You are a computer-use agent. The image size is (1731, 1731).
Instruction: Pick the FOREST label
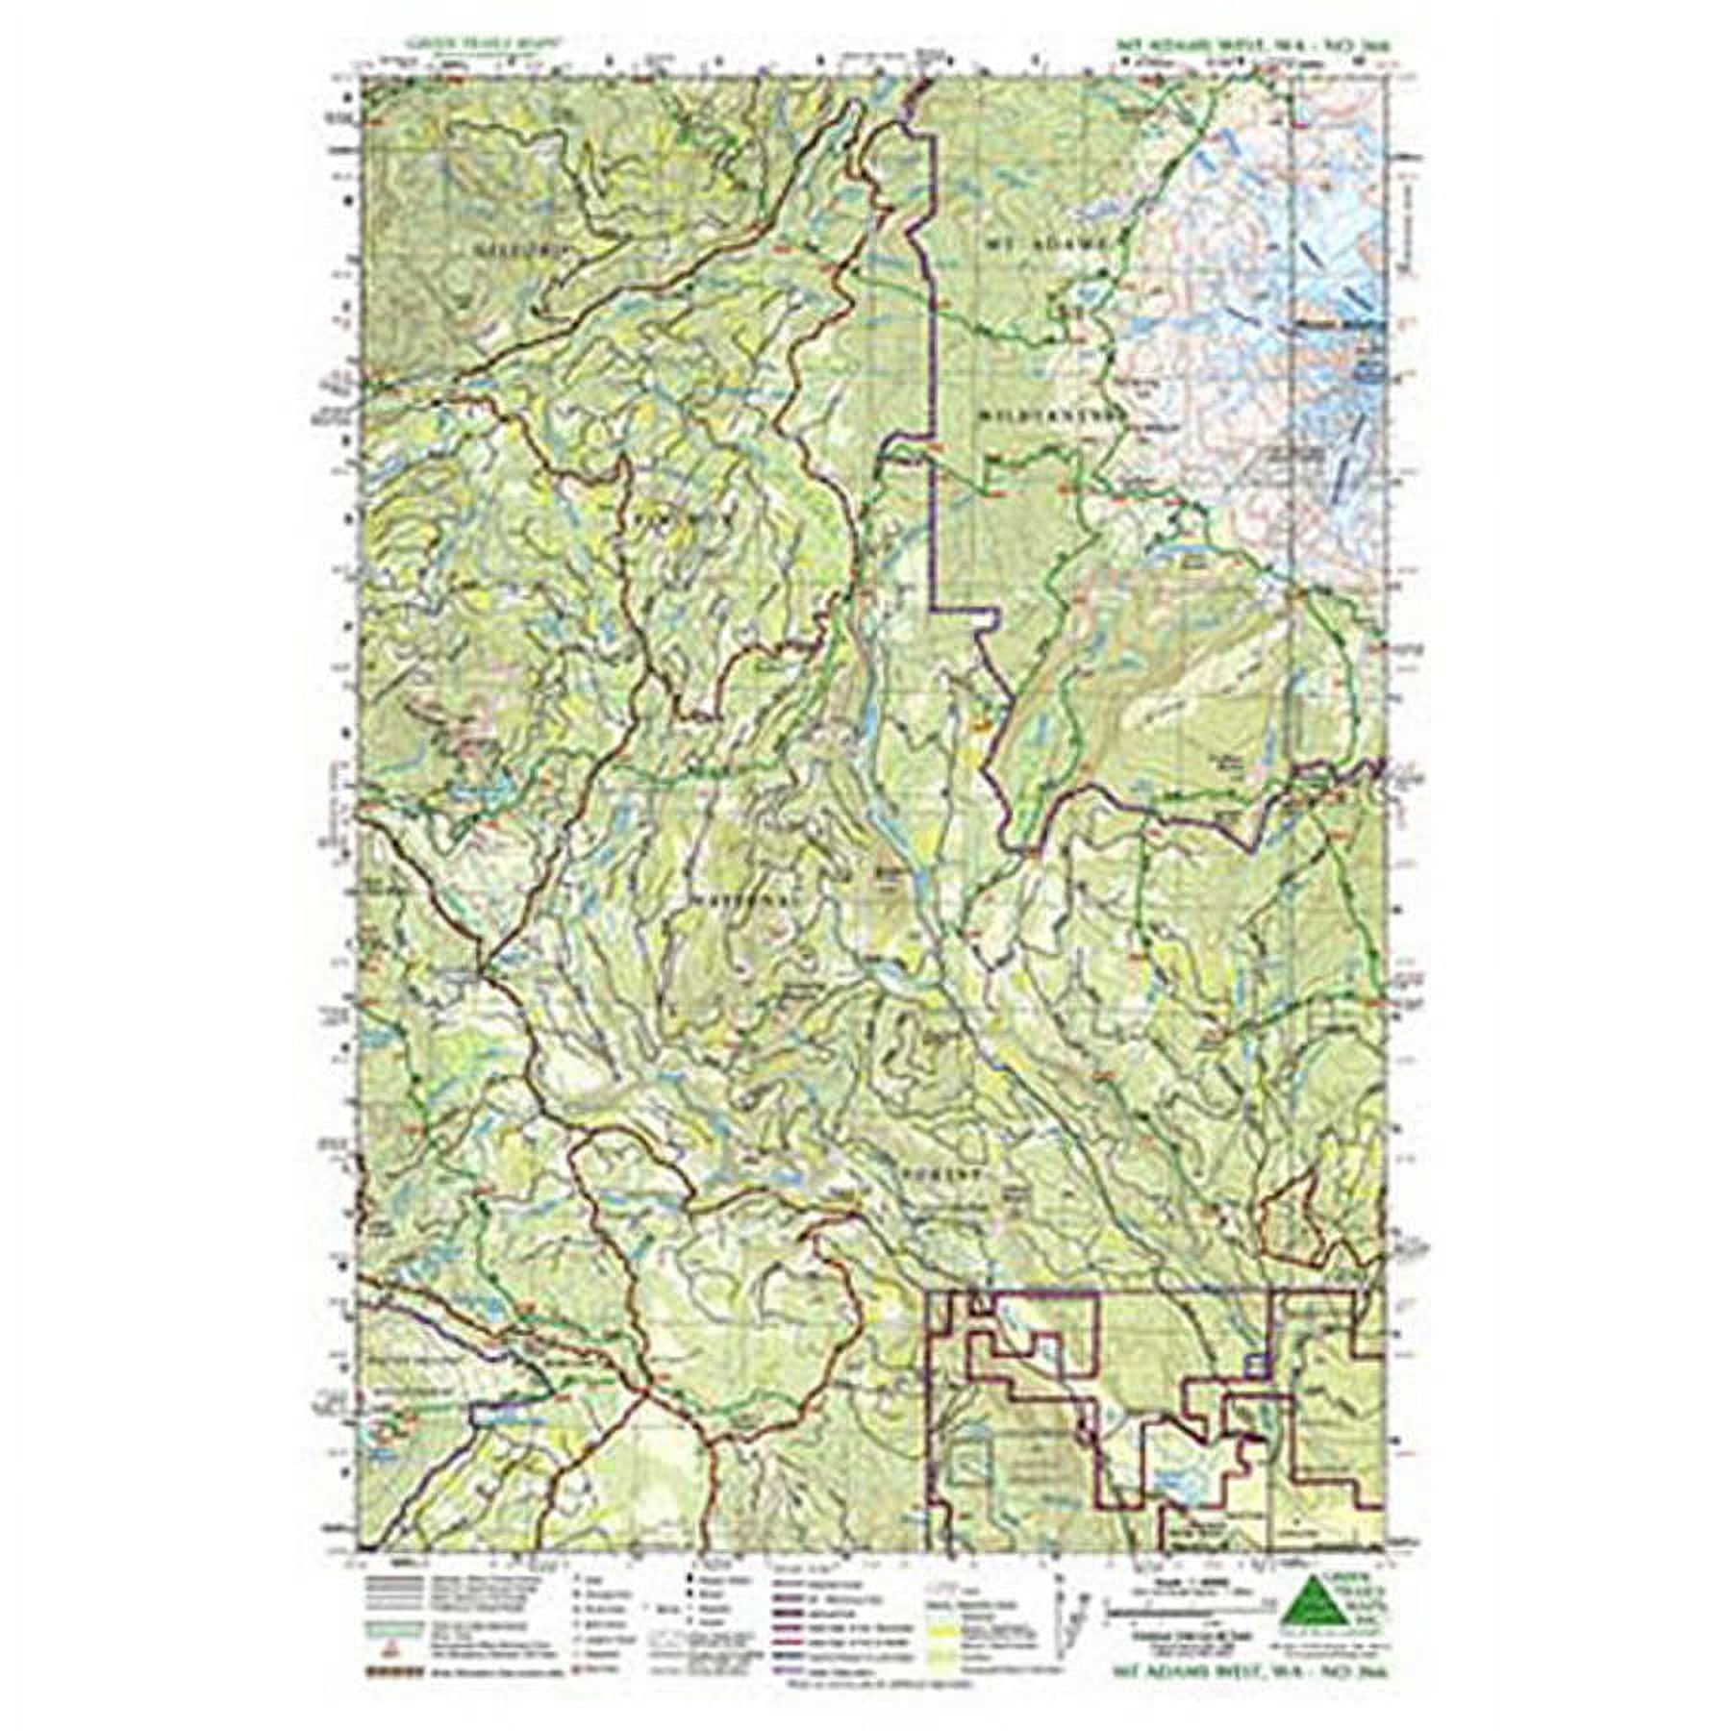click(941, 1175)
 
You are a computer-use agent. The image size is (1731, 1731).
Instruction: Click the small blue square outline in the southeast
click(1254, 1364)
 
